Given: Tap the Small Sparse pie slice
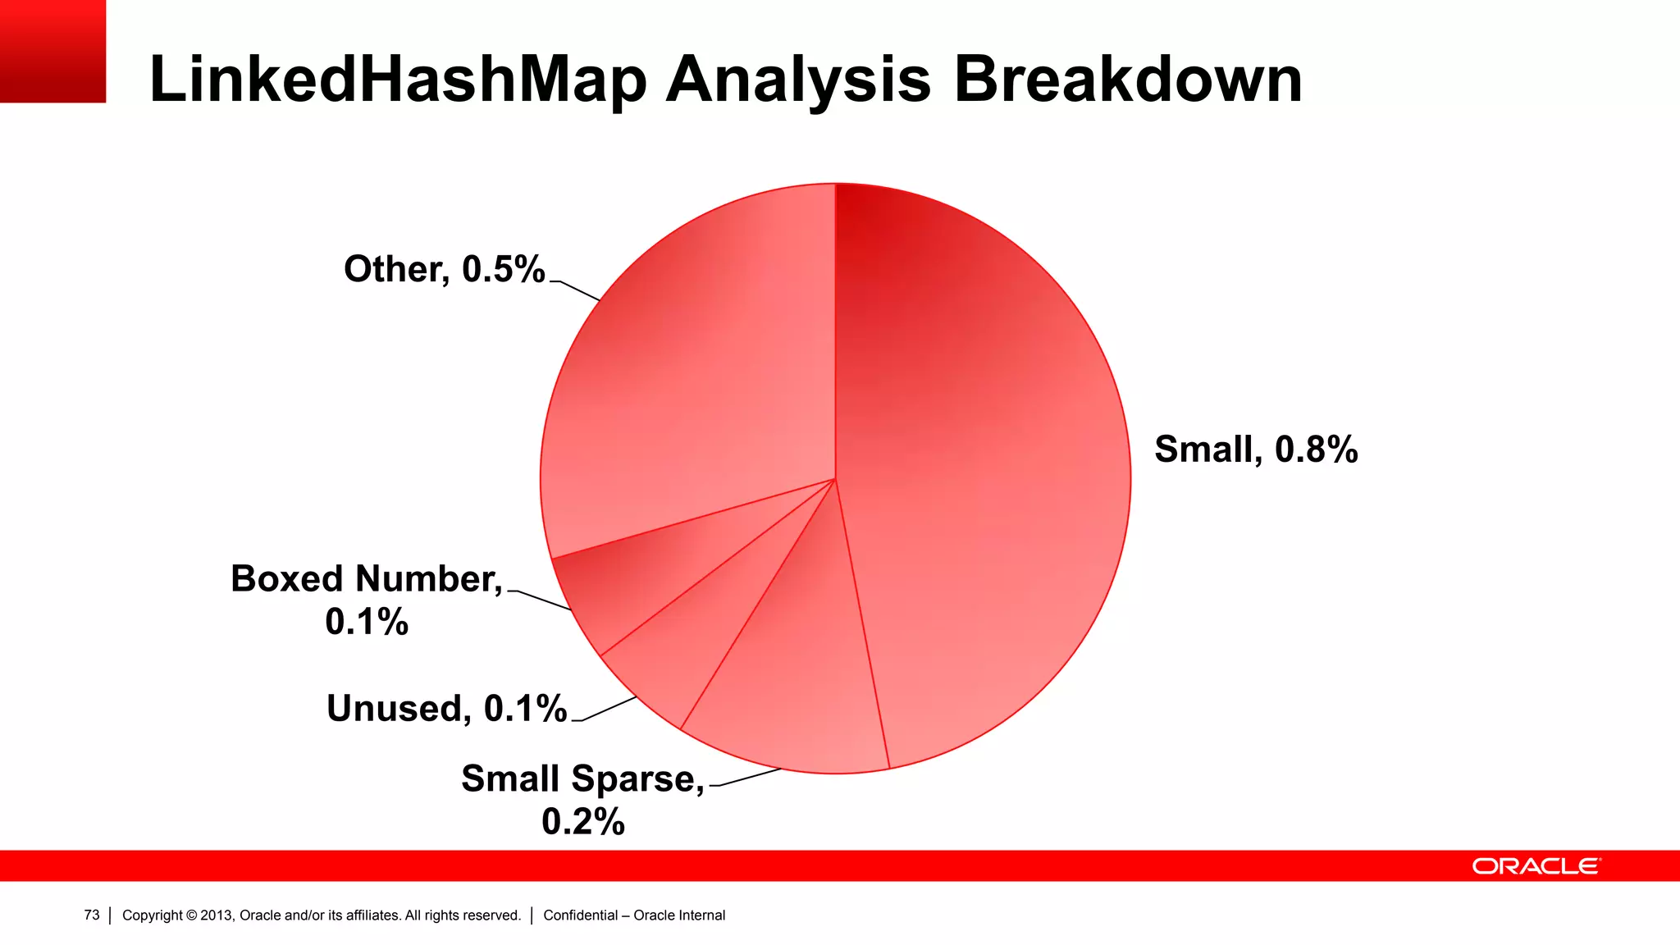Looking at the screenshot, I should (787, 681).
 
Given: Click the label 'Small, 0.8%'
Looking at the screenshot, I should (1255, 450).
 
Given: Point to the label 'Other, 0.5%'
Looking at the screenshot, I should (444, 269).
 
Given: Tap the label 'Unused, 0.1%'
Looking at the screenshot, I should (446, 708).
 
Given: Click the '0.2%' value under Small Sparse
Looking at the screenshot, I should (582, 821).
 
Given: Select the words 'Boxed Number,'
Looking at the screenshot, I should (366, 579).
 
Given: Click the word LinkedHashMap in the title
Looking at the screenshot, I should (398, 80).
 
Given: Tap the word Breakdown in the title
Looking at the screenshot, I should (1127, 80).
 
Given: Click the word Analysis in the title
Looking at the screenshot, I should (798, 80).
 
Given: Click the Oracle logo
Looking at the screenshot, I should (1536, 866).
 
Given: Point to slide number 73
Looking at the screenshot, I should (91, 915).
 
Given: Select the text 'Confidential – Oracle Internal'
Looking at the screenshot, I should (634, 915).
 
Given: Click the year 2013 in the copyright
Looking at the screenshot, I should (216, 915).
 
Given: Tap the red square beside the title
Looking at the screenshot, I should (52, 51).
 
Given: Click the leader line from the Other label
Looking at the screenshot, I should (577, 290).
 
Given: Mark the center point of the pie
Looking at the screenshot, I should (835, 478).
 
